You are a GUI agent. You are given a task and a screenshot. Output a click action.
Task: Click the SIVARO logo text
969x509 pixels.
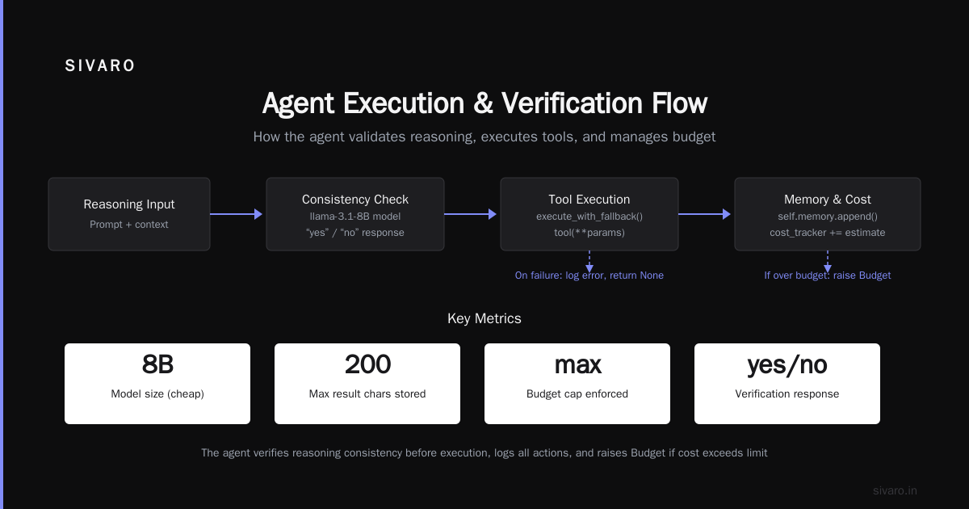click(99, 65)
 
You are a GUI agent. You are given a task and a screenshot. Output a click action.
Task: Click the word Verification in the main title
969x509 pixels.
click(572, 103)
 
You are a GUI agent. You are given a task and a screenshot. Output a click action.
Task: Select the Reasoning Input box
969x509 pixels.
click(129, 214)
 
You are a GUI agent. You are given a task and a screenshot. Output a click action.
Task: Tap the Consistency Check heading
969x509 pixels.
click(355, 199)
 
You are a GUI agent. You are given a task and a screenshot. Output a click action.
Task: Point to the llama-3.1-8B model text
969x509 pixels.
click(355, 217)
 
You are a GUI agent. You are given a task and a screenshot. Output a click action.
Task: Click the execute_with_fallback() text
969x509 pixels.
click(589, 217)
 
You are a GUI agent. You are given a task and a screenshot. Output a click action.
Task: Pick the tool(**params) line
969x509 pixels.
click(589, 233)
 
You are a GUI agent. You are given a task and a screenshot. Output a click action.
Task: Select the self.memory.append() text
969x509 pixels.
click(828, 217)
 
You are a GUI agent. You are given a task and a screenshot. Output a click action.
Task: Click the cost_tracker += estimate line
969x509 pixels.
click(828, 233)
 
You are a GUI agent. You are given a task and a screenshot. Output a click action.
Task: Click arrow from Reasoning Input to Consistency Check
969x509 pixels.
click(236, 214)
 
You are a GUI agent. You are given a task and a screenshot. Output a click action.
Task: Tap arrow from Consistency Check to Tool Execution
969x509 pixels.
click(470, 214)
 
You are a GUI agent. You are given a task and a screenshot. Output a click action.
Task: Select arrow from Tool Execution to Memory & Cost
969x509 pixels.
click(704, 214)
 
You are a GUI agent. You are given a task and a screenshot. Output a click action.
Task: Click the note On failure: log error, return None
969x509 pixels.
click(589, 276)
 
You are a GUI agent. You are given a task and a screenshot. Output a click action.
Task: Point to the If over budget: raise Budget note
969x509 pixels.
click(828, 276)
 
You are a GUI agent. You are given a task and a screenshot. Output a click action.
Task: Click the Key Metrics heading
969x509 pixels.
click(484, 318)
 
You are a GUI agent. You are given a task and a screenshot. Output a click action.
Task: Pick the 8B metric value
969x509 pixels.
click(157, 364)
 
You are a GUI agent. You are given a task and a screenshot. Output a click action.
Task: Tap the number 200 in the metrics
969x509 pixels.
click(367, 364)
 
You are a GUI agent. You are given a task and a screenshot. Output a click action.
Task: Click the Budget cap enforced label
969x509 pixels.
click(577, 394)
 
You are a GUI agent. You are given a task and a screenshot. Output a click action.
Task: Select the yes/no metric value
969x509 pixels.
click(787, 365)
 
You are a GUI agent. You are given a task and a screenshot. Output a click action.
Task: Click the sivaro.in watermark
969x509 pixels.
click(895, 490)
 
